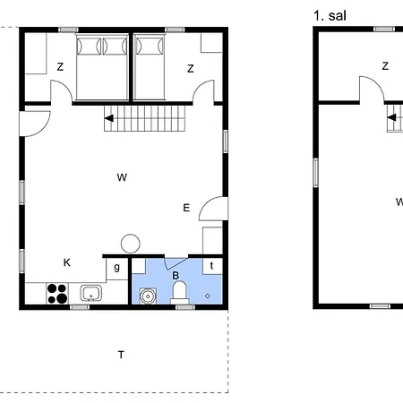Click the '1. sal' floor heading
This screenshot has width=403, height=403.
[330, 15]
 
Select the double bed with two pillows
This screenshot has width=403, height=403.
[103, 67]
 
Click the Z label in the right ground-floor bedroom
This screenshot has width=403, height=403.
[191, 68]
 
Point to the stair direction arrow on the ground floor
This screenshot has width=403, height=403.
[110, 117]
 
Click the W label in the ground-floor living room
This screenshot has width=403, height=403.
[121, 177]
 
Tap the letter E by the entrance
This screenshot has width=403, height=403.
[186, 208]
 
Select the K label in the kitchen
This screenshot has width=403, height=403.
[66, 262]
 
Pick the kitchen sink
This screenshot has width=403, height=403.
[90, 292]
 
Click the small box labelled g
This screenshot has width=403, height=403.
[116, 267]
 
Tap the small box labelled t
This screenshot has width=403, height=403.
[211, 265]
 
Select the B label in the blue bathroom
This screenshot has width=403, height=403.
[176, 275]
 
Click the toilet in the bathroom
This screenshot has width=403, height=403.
[179, 291]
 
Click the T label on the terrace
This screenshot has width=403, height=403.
[121, 355]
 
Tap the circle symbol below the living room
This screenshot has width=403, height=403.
[131, 242]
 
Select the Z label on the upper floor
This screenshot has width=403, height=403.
[385, 65]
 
